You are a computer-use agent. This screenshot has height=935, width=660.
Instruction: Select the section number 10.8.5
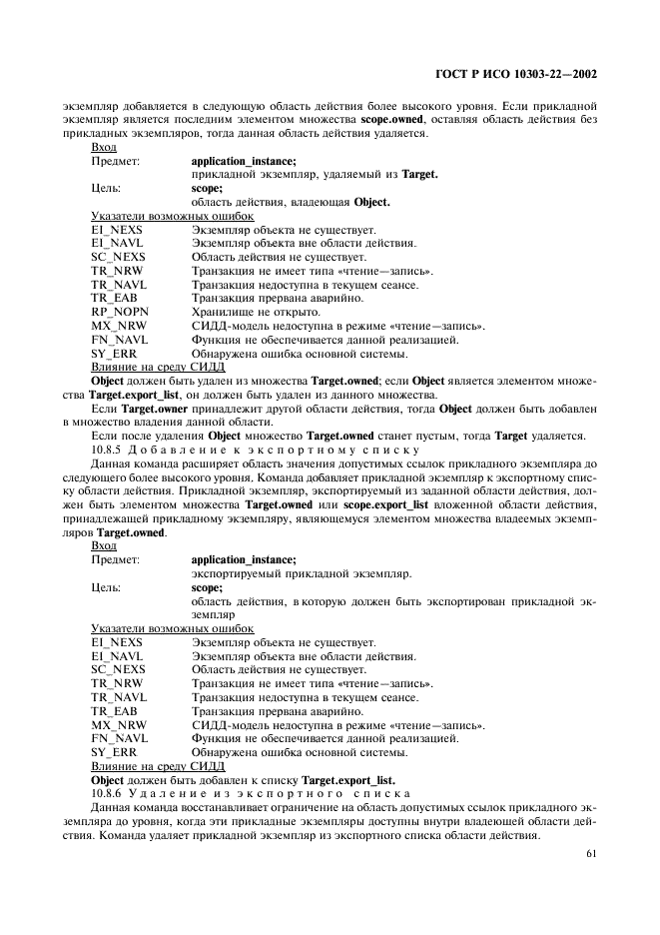click(x=110, y=450)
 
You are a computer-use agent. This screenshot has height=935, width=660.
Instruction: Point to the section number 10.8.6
click(x=110, y=792)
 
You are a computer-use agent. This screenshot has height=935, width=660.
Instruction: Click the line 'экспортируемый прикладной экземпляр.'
click(x=287, y=573)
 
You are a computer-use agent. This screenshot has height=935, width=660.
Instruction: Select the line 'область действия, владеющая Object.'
click(x=290, y=201)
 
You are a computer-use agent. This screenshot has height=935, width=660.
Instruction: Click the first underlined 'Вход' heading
click(x=103, y=147)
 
